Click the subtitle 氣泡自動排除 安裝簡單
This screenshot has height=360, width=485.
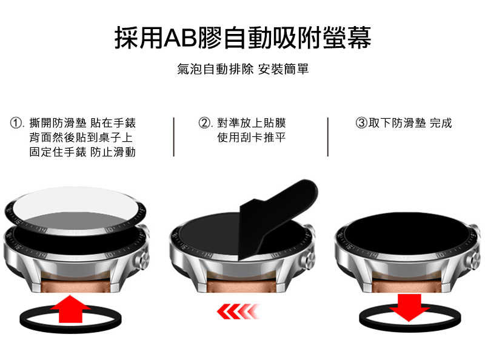(x=242, y=70)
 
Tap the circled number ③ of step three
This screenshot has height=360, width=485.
(x=361, y=123)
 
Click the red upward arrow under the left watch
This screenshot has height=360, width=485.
(x=70, y=310)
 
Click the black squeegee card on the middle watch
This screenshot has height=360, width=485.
(x=276, y=206)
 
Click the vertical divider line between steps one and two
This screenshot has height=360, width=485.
(x=174, y=137)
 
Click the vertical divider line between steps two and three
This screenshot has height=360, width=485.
(x=328, y=137)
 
